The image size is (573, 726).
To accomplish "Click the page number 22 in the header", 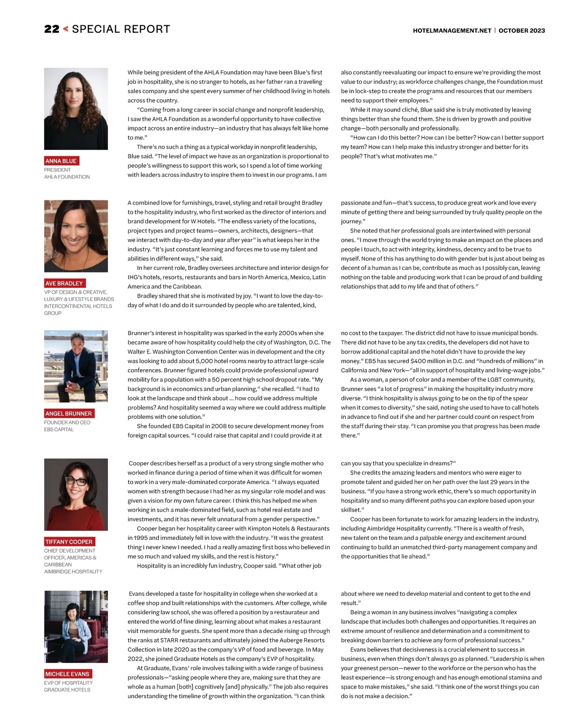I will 52,29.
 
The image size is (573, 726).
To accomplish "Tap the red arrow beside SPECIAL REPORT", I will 66,29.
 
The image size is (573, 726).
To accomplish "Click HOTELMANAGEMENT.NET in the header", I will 452,31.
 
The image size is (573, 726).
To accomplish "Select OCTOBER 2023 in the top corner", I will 522,31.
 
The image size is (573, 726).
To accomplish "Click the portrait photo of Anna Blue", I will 76,109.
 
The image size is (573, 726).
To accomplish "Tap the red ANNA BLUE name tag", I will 61,161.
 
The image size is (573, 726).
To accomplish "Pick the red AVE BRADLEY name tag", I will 64,283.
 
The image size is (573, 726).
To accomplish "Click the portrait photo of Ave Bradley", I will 76,236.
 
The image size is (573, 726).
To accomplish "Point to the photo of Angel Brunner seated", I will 76,366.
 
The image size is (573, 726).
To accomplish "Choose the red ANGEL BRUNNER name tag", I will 69,414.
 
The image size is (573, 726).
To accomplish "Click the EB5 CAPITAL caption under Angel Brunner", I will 59,430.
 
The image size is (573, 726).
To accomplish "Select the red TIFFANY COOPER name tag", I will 69,542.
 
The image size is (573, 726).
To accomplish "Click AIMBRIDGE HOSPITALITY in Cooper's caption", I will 73,571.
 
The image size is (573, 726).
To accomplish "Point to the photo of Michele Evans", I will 76,626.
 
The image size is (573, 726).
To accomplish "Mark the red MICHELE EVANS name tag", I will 67,674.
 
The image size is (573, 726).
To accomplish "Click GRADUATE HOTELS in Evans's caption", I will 67,690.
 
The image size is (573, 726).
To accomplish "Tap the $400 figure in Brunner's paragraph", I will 418,361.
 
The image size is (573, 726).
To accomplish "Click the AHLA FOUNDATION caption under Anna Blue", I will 67,177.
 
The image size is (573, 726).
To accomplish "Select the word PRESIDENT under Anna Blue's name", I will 57,170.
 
